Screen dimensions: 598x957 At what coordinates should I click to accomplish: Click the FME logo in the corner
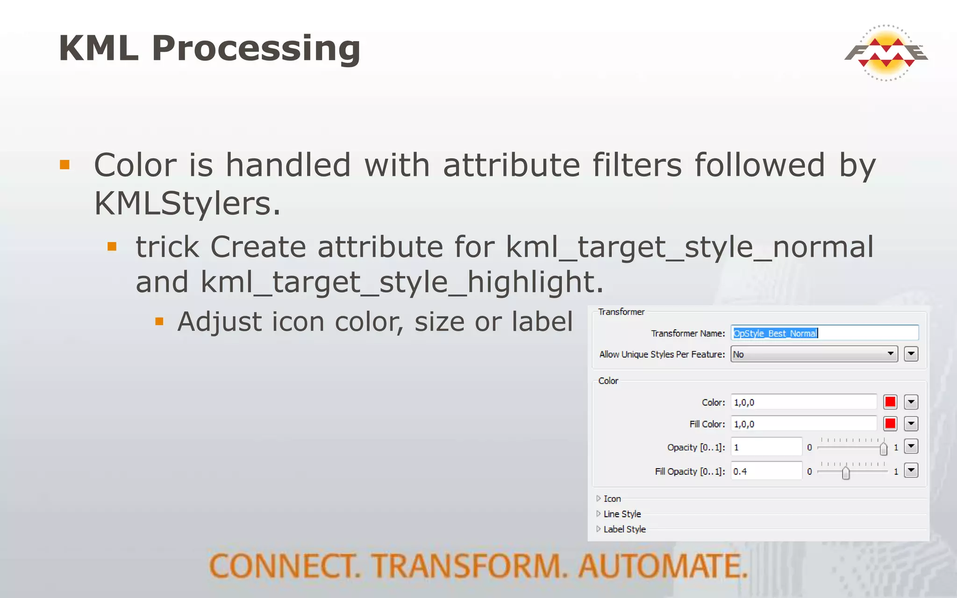point(886,53)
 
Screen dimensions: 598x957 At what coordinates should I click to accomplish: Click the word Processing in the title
point(256,49)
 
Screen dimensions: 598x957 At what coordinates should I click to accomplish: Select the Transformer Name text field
point(824,333)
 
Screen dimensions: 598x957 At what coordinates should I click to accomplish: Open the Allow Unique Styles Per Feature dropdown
point(814,354)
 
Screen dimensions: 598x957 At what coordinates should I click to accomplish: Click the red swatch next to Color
point(890,402)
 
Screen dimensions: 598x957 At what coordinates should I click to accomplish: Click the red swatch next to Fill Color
point(890,424)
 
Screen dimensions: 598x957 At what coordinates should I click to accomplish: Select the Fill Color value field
point(803,424)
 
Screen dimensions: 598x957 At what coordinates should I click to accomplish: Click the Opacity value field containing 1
point(766,447)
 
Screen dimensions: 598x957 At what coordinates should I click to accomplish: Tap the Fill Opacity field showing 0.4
point(766,471)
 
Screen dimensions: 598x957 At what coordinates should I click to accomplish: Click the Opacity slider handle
point(883,449)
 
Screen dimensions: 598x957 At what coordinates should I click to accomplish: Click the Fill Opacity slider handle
point(846,473)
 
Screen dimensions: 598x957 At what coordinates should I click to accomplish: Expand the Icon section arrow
point(599,498)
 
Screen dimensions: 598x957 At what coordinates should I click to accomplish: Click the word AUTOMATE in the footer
point(663,566)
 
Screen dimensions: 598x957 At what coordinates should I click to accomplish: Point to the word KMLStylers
point(187,204)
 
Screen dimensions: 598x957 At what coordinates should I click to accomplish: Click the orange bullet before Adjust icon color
point(159,321)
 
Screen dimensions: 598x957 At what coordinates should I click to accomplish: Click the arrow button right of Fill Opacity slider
point(911,470)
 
